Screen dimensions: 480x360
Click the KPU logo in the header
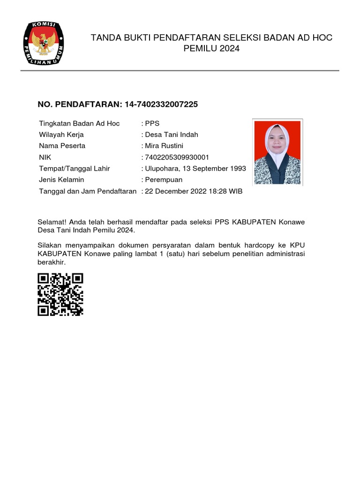(x=44, y=44)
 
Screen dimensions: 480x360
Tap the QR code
(x=60, y=294)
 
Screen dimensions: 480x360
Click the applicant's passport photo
(x=277, y=152)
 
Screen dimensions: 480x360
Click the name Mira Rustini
(x=165, y=146)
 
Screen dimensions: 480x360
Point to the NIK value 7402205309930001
(x=177, y=157)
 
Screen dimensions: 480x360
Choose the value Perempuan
(x=164, y=180)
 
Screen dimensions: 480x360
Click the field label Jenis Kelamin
(x=61, y=180)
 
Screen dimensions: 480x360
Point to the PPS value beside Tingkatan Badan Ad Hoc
(x=152, y=123)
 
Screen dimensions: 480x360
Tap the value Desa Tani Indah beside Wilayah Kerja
(x=172, y=135)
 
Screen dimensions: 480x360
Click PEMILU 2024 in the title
(x=211, y=48)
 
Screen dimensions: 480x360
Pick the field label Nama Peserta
(x=62, y=146)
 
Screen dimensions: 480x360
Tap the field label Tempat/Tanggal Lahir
(x=74, y=168)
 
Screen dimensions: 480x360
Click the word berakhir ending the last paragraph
(x=52, y=262)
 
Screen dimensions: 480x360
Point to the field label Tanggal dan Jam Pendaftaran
(x=88, y=191)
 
